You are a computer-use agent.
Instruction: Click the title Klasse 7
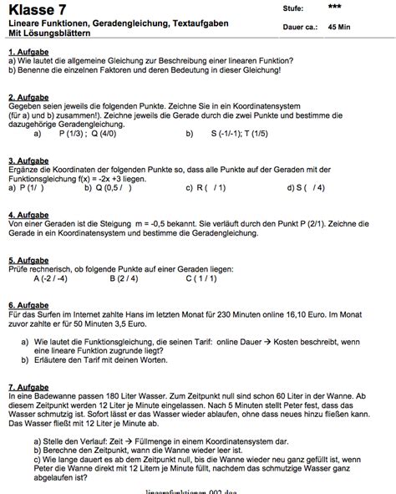[x=38, y=10]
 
